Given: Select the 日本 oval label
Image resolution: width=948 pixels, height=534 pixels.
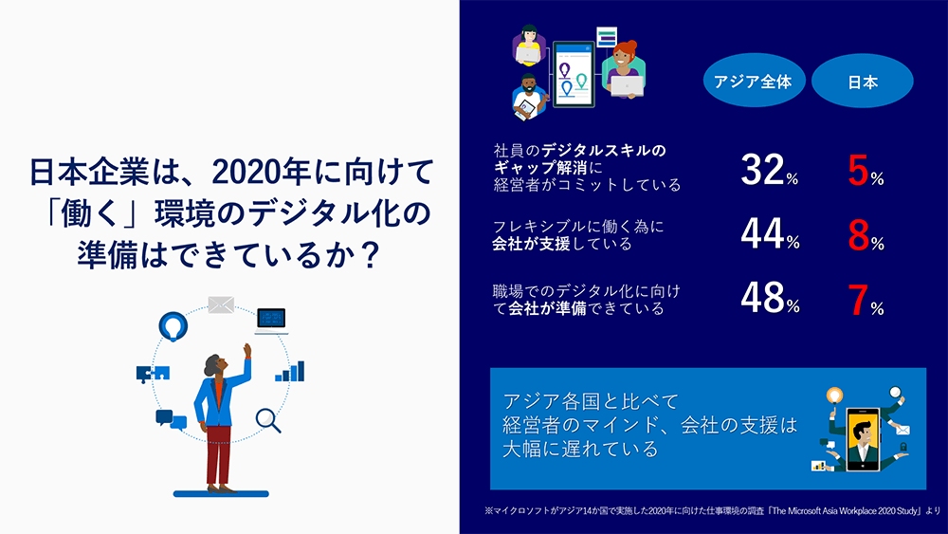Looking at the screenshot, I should [x=862, y=82].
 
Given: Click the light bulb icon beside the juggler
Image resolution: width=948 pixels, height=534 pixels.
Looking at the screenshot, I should [x=173, y=325].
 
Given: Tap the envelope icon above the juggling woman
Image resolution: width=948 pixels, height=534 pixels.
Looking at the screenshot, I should [x=221, y=304].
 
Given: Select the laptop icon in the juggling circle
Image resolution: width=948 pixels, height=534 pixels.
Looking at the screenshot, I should [x=272, y=320].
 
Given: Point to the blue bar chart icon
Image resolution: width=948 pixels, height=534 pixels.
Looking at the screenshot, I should [x=289, y=371].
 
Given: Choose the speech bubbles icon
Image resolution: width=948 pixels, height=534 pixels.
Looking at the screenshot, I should [x=172, y=419].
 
